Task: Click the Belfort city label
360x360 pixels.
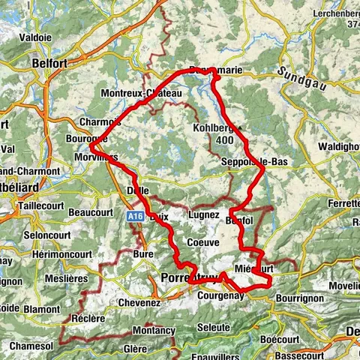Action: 51,64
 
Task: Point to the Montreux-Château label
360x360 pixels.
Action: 142,93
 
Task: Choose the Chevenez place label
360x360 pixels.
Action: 139,303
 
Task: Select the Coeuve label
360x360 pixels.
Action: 203,242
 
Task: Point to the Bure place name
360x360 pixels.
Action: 142,255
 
